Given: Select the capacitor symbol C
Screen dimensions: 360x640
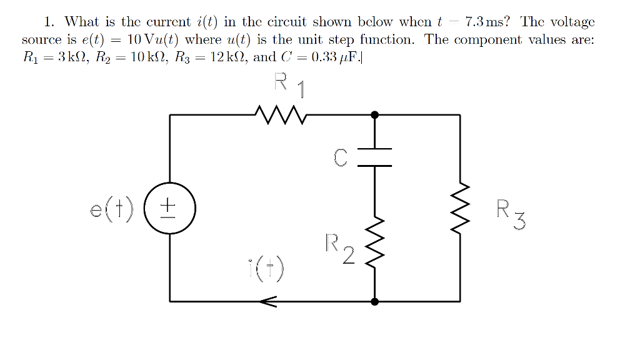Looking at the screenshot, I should tap(374, 157).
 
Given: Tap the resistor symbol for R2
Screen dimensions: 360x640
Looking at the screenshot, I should tap(374, 242).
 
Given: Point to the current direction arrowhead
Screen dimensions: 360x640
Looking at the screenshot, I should tap(267, 302).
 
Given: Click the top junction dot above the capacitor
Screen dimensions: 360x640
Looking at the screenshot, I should tap(374, 115).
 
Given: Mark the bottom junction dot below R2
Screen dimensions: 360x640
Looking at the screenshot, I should tap(374, 302).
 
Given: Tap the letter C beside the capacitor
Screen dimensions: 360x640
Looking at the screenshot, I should tap(339, 158).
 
